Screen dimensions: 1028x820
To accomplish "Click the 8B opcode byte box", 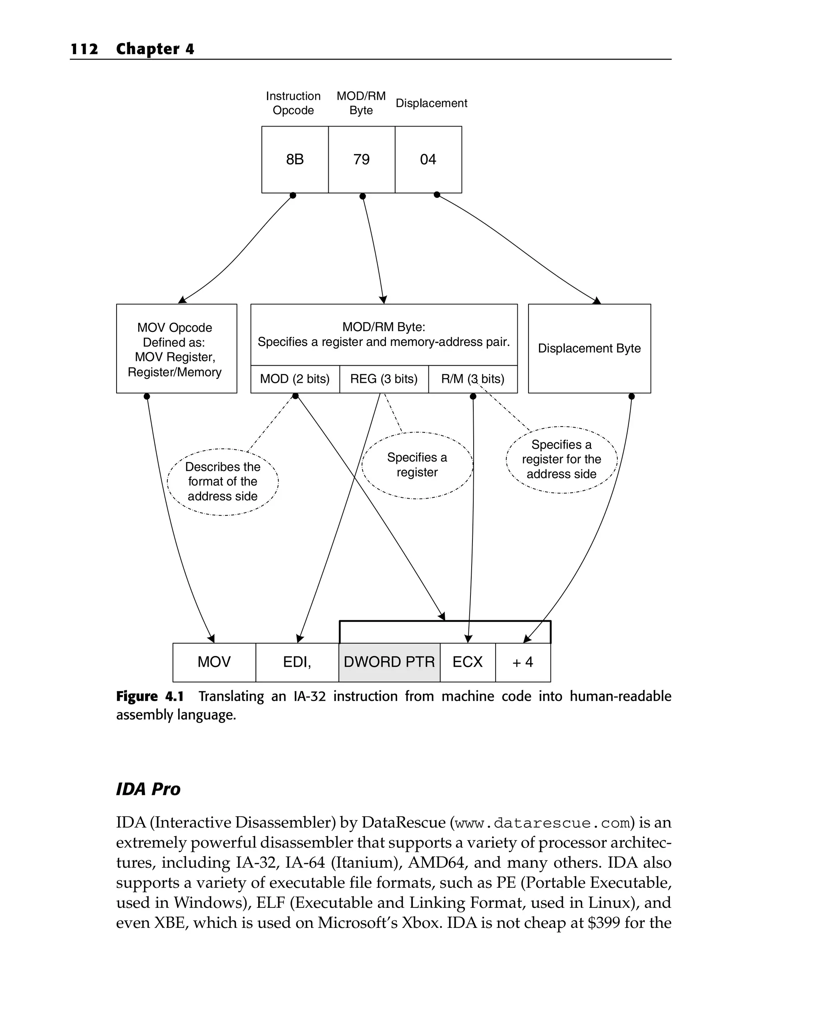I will (295, 159).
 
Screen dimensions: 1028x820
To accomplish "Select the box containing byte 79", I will (362, 159).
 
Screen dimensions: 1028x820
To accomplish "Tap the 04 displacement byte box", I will (428, 159).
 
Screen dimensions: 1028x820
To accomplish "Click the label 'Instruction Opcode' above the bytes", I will (293, 103).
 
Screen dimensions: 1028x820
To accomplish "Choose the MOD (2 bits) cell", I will (295, 379).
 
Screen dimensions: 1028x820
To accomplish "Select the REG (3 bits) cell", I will (384, 379).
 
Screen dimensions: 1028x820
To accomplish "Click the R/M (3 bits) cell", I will (472, 379).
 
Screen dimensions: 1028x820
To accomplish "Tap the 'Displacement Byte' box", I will (589, 348).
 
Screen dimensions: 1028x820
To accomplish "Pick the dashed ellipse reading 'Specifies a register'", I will (417, 465).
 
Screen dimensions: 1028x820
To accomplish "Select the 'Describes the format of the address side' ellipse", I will (223, 482).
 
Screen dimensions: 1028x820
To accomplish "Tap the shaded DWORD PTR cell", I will (389, 662).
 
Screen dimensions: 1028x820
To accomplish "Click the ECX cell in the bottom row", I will (467, 662).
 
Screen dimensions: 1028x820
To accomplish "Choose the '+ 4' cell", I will (523, 662).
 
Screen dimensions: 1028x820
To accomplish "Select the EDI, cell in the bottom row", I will (297, 662).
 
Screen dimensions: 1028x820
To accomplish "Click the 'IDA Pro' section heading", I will (148, 789).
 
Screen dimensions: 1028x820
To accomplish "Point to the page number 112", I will (84, 48).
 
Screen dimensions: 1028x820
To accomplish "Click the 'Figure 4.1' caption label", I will (150, 697).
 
